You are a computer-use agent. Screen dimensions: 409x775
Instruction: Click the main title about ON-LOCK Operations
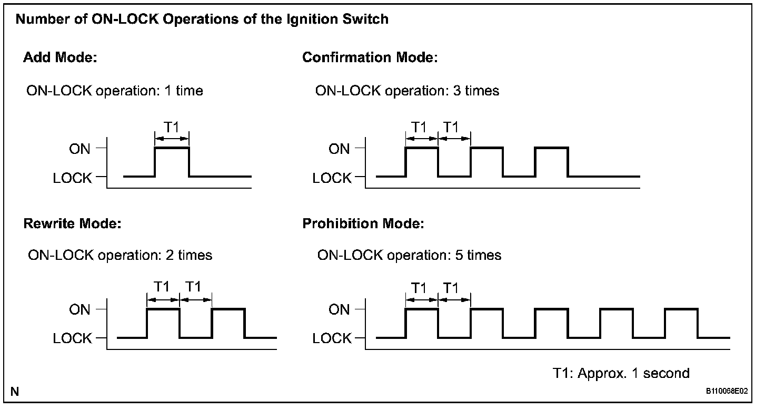[x=202, y=20]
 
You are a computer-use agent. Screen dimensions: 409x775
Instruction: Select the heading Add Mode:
[x=60, y=57]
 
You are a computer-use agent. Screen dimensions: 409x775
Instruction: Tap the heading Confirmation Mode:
[x=370, y=57]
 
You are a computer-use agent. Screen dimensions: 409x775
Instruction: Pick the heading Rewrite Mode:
[x=73, y=223]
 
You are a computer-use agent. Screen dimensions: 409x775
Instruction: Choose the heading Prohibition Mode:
[x=363, y=223]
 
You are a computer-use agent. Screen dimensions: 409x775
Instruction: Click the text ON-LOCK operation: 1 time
[x=115, y=91]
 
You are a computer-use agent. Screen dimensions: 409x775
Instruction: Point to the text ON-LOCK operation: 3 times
[x=407, y=91]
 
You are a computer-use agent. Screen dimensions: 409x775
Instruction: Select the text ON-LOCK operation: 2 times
[x=120, y=256]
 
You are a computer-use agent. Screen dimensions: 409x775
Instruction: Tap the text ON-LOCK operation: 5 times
[x=409, y=256]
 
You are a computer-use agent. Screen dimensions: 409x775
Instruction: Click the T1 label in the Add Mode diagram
[x=172, y=127]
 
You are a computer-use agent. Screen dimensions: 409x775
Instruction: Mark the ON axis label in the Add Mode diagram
[x=80, y=149]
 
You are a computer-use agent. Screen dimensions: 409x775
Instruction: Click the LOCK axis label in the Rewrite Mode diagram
[x=72, y=338]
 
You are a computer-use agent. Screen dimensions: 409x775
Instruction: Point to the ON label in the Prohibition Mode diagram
[x=339, y=309]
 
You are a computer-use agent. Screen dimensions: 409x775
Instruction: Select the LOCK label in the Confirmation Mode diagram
[x=332, y=178]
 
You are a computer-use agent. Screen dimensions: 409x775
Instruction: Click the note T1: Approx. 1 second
[x=621, y=373]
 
